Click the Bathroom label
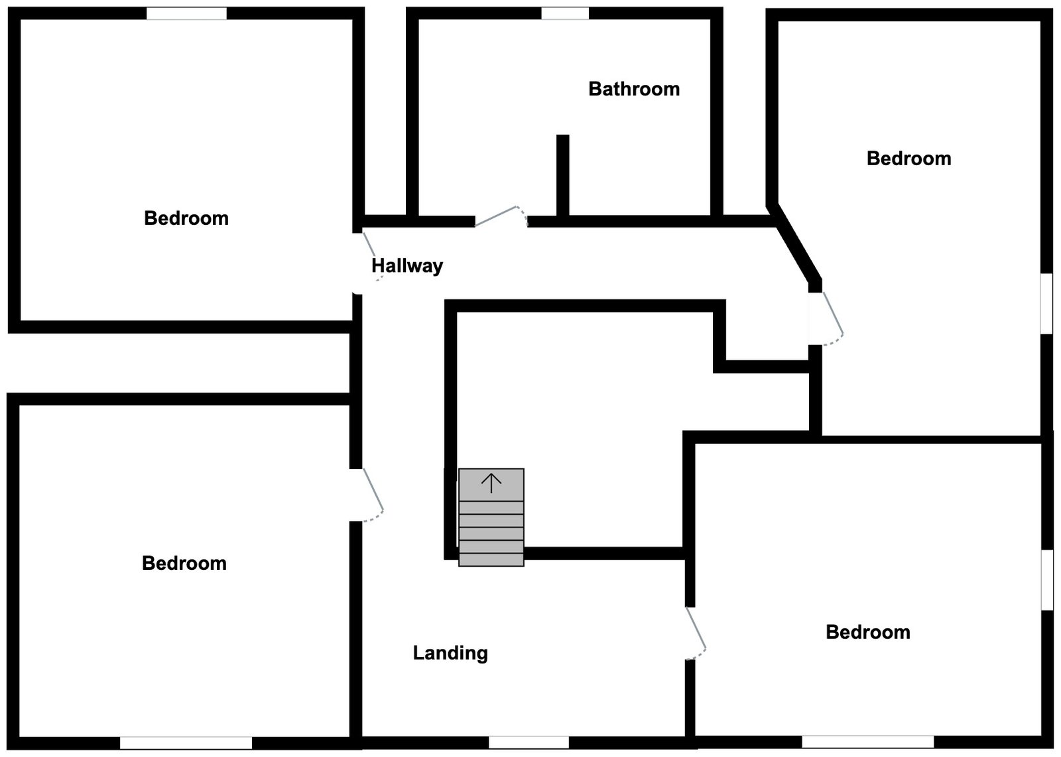point(634,89)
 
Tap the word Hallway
point(406,266)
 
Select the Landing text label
point(450,654)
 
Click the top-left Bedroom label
point(186,218)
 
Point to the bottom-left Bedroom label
point(184,563)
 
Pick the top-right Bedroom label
point(908,159)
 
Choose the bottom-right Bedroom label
point(867,632)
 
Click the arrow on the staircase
point(491,483)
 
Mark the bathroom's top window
point(564,13)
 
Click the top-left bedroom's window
point(186,13)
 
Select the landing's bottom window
point(529,742)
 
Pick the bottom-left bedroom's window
point(186,743)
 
